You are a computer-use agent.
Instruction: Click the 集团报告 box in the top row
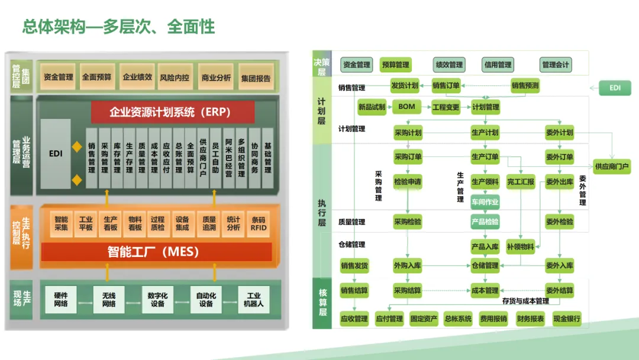(256, 78)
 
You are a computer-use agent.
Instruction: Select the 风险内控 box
(175, 77)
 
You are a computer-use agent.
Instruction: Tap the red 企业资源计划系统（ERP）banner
(173, 112)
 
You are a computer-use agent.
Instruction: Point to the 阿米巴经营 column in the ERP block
(228, 158)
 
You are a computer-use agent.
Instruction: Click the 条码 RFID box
(258, 223)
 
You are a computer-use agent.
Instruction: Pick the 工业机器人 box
(254, 300)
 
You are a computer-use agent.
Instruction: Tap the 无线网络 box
(109, 300)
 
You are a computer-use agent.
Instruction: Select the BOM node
(406, 107)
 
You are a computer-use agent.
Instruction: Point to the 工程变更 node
(446, 107)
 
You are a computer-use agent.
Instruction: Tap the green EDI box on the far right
(615, 88)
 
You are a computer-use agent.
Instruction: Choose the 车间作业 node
(485, 202)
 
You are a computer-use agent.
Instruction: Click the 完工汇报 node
(521, 182)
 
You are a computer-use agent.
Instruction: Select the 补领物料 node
(521, 246)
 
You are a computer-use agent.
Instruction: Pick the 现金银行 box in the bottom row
(567, 319)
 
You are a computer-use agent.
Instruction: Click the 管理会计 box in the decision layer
(556, 65)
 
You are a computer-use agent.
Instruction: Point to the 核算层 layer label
(322, 302)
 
